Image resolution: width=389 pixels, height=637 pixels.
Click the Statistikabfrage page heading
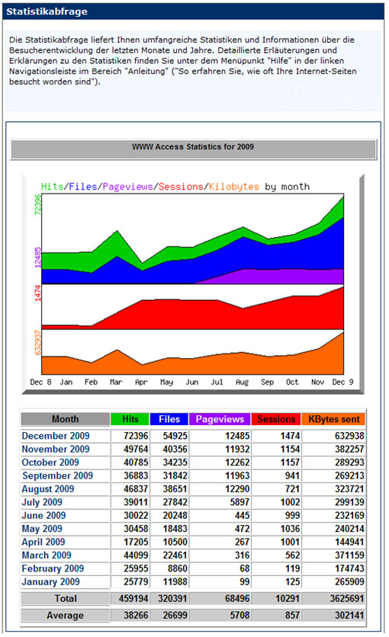coord(47,11)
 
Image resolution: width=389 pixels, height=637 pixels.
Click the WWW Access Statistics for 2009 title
coord(193,146)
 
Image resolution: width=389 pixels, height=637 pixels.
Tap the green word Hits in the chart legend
coord(52,187)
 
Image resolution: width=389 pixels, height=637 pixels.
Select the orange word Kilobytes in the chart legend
coord(233,187)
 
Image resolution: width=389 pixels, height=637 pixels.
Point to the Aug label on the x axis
coord(242,382)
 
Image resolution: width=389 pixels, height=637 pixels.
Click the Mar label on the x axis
coord(116,382)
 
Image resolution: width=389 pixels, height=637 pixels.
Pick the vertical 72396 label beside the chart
coord(37,205)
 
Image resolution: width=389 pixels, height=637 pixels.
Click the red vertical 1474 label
coord(37,293)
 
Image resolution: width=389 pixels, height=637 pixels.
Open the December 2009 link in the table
coord(56,436)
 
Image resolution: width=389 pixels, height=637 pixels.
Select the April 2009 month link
coord(43,542)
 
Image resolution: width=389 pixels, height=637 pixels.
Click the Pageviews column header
coord(220,419)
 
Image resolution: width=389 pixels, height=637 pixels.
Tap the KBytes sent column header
coord(334,419)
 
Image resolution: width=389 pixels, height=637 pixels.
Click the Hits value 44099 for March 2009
coord(136,555)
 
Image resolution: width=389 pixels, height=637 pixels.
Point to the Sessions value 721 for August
coord(292,489)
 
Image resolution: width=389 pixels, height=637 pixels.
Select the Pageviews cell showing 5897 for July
coord(240,502)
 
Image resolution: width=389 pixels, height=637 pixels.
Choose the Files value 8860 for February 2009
coord(177,568)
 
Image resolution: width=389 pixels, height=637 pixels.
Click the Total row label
coord(66,598)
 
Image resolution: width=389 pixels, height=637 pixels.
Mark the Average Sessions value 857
coord(292,616)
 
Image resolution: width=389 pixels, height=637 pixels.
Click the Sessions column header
coord(276,419)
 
